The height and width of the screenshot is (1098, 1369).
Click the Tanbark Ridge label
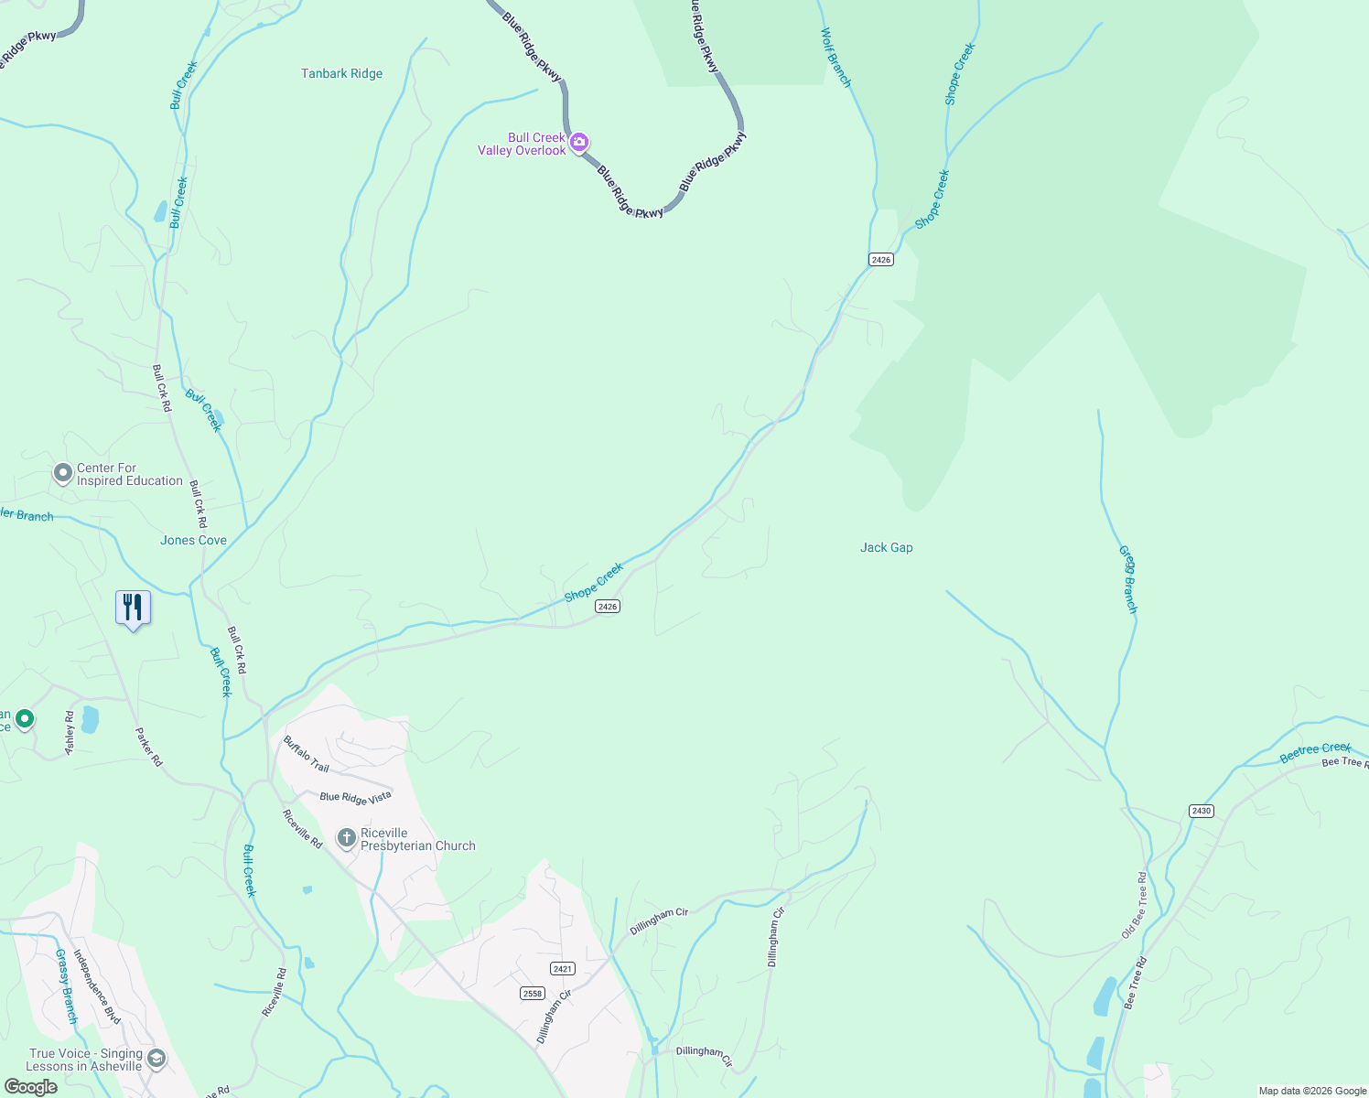click(x=341, y=74)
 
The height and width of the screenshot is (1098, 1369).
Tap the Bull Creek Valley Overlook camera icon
click(x=578, y=143)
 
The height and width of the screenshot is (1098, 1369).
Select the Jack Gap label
click(x=886, y=548)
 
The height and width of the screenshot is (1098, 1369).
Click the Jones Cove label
click(x=193, y=541)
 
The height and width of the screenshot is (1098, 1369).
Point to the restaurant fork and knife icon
click(x=133, y=608)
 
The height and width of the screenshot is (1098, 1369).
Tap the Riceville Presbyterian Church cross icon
click(x=347, y=838)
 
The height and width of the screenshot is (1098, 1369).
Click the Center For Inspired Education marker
click(x=63, y=473)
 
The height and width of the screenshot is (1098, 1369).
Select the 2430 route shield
click(x=1201, y=811)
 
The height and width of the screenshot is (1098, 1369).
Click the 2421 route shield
click(x=563, y=968)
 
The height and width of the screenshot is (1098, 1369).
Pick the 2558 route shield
click(x=532, y=993)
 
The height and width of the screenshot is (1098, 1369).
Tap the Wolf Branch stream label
click(x=835, y=58)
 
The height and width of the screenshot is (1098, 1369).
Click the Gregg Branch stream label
click(x=1128, y=579)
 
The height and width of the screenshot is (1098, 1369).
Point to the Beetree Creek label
click(x=1315, y=753)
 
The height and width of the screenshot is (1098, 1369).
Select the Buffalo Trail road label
click(x=306, y=754)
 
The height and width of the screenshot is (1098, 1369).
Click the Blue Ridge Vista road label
click(x=355, y=798)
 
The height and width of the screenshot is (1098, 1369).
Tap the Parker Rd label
click(x=148, y=747)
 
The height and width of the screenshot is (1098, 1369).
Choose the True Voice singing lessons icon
click(x=156, y=1059)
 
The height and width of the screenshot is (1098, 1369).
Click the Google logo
click(x=31, y=1087)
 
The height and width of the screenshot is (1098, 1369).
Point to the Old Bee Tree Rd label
click(x=1134, y=906)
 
